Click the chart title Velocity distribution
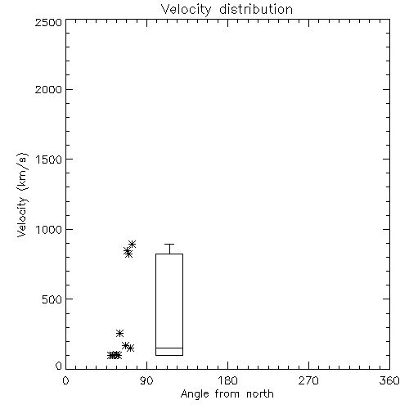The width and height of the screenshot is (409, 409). point(227,9)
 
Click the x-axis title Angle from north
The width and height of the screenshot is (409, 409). point(227,394)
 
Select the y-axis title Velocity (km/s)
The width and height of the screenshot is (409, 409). point(22,195)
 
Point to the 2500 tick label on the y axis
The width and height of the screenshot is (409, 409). point(48,22)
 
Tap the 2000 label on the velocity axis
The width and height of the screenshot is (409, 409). point(48,89)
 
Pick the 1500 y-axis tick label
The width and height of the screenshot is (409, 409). point(49,160)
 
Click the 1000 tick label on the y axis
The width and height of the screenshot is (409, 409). point(49,230)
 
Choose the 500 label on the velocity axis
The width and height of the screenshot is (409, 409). point(52,299)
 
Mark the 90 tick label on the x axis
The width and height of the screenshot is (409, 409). point(146,380)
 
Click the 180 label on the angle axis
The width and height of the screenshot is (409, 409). point(227,380)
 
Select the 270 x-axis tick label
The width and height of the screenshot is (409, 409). point(308,380)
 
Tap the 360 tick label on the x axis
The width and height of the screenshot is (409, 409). point(389,380)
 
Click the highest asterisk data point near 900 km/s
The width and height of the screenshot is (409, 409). point(133,244)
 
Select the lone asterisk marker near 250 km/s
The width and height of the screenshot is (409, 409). point(119,333)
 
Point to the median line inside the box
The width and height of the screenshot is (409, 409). point(169,348)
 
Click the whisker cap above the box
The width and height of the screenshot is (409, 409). point(169,244)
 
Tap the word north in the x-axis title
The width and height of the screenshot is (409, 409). point(260,394)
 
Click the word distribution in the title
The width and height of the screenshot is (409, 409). point(256,9)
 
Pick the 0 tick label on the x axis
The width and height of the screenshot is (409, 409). point(65,380)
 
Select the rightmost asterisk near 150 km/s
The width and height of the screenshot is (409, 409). point(130,348)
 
